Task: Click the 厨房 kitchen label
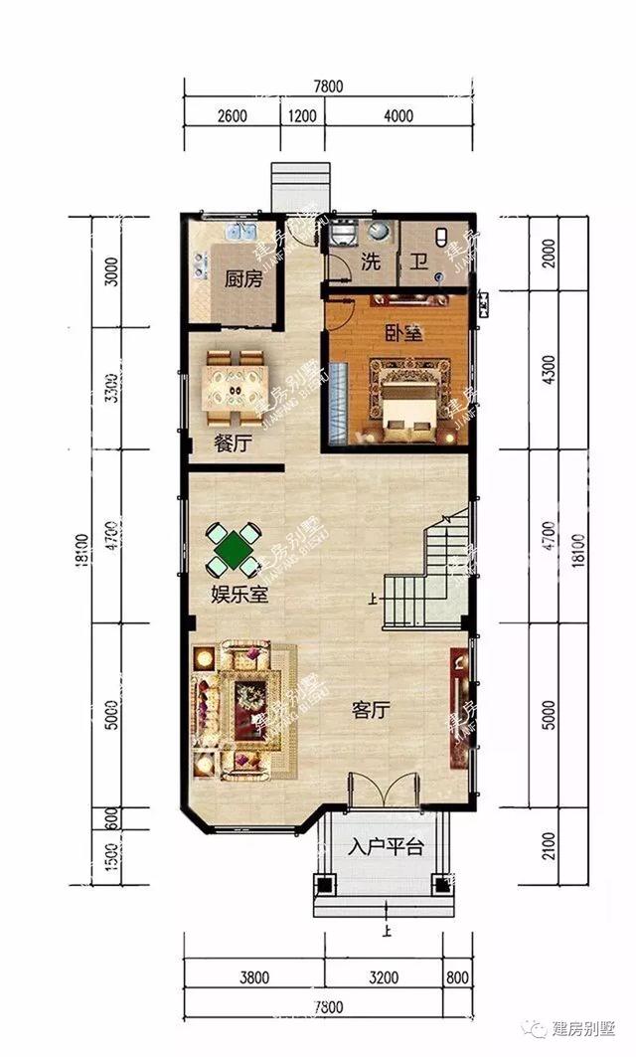[x=242, y=279]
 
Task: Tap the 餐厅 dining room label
[x=232, y=444]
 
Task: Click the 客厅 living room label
[x=370, y=710]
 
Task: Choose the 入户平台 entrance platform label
[x=386, y=848]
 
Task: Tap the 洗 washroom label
[x=371, y=263]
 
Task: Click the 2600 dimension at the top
[x=231, y=115]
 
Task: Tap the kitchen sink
[x=237, y=234]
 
